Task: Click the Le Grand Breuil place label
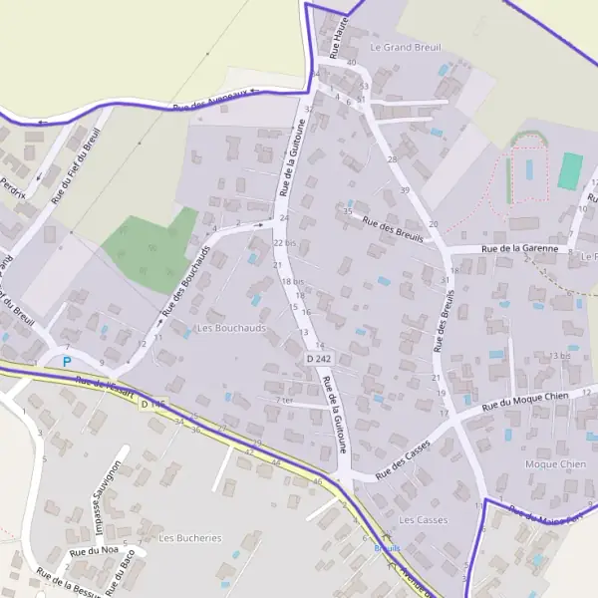click(x=405, y=47)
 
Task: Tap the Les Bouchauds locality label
click(x=229, y=328)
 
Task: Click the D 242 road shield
click(x=318, y=357)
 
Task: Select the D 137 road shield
click(x=150, y=405)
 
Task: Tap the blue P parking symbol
click(x=67, y=361)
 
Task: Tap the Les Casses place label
click(x=423, y=520)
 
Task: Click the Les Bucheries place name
click(x=190, y=538)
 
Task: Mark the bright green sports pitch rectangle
click(x=569, y=170)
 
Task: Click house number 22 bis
click(x=285, y=243)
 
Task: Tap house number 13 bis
click(x=559, y=356)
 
